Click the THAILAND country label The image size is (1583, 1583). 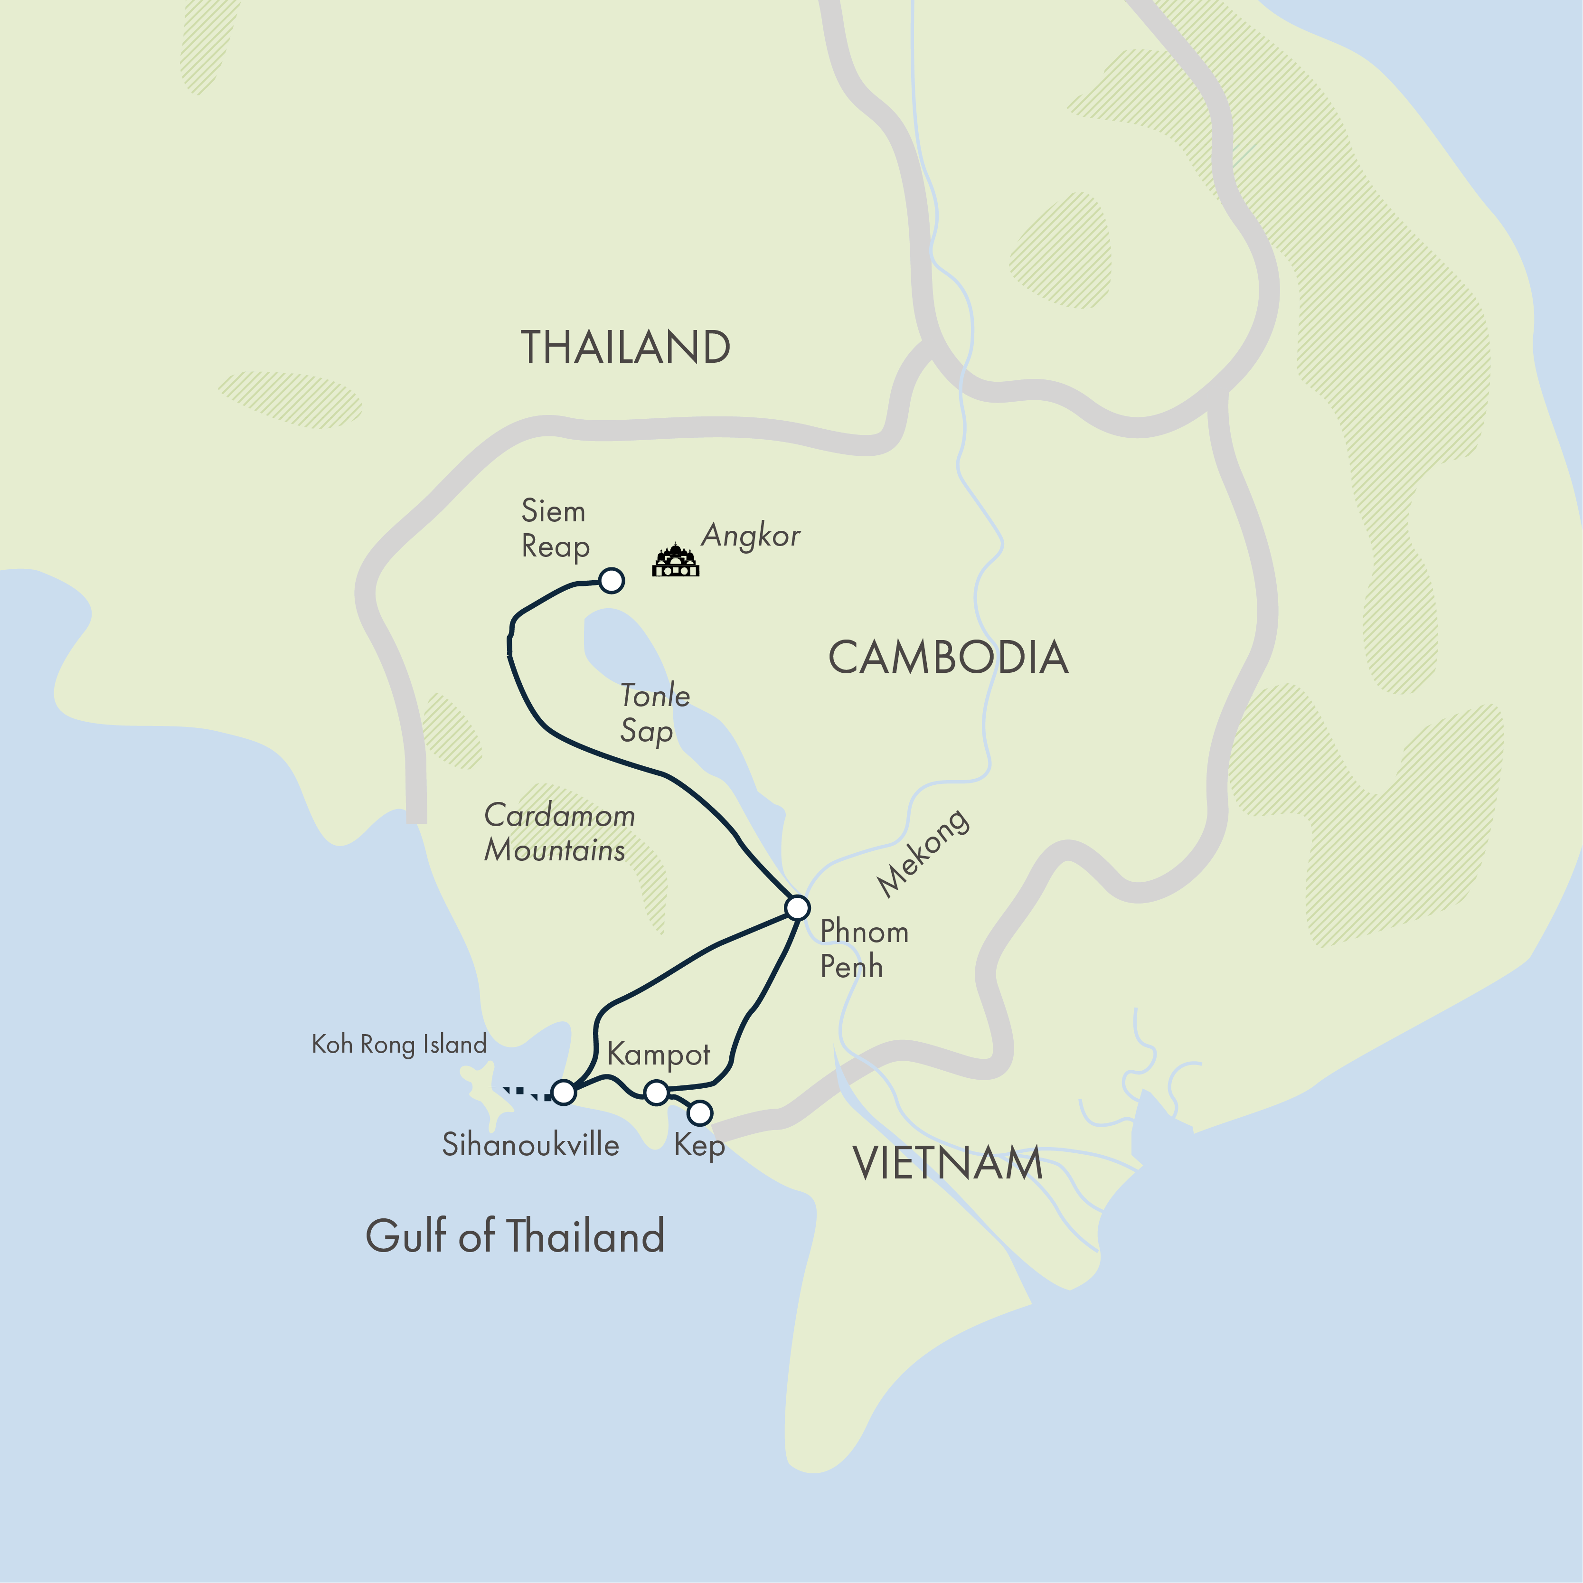tap(625, 348)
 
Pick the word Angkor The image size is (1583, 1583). tap(751, 536)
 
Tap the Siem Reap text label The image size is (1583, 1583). tap(555, 528)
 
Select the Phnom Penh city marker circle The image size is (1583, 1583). tap(797, 908)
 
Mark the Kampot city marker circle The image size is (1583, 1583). tap(656, 1092)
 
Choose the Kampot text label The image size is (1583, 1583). tap(658, 1055)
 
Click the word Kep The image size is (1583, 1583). tap(699, 1145)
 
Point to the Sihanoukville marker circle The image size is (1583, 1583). tap(564, 1092)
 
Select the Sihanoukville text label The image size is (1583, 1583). tap(530, 1145)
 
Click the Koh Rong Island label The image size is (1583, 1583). tap(399, 1045)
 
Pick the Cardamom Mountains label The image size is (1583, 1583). tap(559, 832)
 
